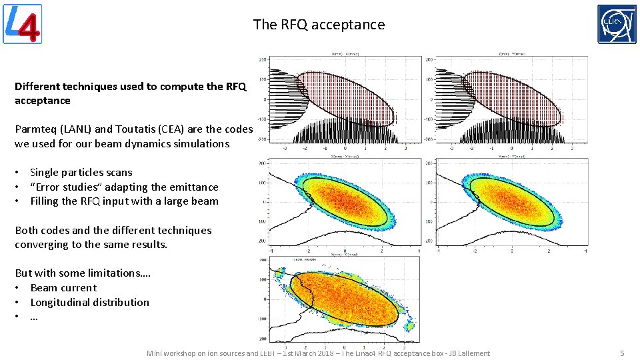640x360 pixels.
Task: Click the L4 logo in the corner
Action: tap(23, 24)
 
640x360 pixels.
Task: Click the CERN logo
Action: tap(616, 24)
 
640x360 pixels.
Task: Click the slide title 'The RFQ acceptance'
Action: tap(319, 25)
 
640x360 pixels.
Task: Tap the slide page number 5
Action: tap(621, 353)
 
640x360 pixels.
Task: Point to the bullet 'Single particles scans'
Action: tap(81, 173)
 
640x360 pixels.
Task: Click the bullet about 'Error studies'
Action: tap(124, 187)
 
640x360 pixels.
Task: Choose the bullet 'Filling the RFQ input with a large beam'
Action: tap(124, 201)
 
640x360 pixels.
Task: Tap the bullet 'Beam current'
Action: tap(63, 288)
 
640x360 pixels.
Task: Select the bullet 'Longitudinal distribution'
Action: tap(89, 303)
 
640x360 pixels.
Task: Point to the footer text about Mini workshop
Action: tap(318, 353)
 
